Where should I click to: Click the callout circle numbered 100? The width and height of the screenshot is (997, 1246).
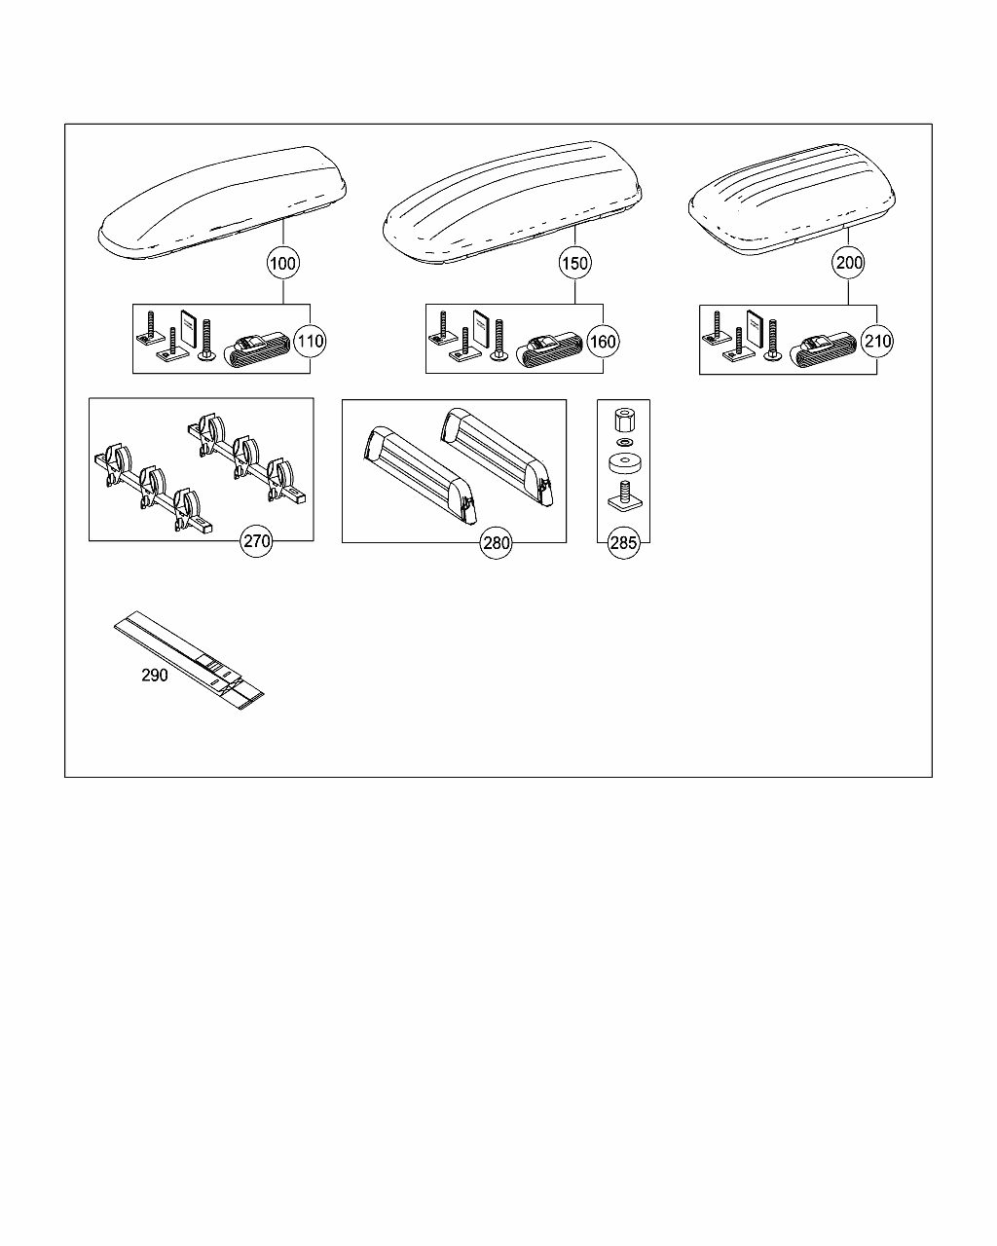pyautogui.click(x=282, y=264)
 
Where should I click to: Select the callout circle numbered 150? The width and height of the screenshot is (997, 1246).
pyautogui.click(x=574, y=264)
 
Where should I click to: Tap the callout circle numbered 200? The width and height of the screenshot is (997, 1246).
pyautogui.click(x=849, y=263)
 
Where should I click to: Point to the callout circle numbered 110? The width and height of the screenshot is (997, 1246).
pyautogui.click(x=310, y=341)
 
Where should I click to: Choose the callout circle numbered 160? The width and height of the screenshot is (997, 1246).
pyautogui.click(x=603, y=342)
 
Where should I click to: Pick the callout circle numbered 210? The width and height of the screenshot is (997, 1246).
pyautogui.click(x=877, y=341)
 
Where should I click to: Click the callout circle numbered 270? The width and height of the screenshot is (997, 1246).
pyautogui.click(x=256, y=541)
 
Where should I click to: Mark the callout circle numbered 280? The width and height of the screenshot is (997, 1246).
pyautogui.click(x=496, y=543)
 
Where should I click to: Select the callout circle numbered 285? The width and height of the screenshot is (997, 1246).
pyautogui.click(x=624, y=543)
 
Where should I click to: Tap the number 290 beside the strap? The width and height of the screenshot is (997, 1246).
pyautogui.click(x=155, y=676)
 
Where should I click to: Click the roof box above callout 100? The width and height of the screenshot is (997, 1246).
pyautogui.click(x=222, y=202)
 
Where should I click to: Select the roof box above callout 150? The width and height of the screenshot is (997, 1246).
pyautogui.click(x=512, y=202)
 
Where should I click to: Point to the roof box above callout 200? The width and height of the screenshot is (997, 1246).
pyautogui.click(x=792, y=200)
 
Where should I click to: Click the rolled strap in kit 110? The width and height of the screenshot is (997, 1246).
pyautogui.click(x=257, y=350)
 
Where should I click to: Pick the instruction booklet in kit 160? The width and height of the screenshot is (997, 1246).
pyautogui.click(x=481, y=329)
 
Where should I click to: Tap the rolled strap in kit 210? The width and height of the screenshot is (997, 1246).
pyautogui.click(x=823, y=350)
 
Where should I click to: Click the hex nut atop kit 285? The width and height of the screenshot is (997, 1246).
pyautogui.click(x=624, y=421)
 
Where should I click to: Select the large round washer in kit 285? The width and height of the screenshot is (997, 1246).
pyautogui.click(x=625, y=464)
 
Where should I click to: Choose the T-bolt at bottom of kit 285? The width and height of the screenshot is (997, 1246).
pyautogui.click(x=625, y=496)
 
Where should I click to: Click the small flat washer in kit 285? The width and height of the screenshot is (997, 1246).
pyautogui.click(x=624, y=443)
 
